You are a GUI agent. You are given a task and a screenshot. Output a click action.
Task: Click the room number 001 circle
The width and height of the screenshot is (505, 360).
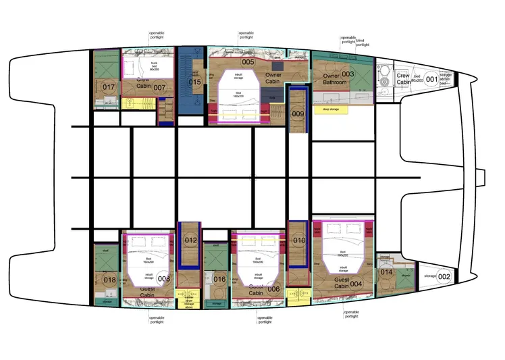click(431, 79)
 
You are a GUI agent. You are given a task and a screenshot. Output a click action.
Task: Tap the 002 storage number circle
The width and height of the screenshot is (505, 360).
click(444, 276)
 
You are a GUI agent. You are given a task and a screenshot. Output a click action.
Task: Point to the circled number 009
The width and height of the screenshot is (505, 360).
click(298, 114)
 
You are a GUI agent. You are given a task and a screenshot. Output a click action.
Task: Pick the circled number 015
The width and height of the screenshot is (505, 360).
click(194, 82)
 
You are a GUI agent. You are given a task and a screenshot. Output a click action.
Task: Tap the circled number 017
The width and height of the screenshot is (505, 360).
click(109, 87)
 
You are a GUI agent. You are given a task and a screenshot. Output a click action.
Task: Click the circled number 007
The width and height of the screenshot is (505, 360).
click(159, 87)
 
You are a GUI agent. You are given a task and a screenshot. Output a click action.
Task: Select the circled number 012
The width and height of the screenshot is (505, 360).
click(190, 240)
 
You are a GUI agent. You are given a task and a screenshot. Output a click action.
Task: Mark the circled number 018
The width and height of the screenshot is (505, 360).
click(109, 280)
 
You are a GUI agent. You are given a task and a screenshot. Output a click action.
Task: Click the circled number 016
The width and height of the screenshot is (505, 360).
click(219, 279)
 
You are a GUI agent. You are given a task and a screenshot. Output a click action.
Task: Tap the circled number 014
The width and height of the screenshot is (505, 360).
click(386, 272)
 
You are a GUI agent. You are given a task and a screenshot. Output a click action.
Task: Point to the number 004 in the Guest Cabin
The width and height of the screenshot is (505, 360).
click(357, 284)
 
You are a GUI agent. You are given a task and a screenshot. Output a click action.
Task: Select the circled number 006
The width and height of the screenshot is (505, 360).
click(273, 289)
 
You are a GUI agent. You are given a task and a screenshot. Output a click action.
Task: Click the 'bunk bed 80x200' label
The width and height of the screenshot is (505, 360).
click(154, 66)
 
